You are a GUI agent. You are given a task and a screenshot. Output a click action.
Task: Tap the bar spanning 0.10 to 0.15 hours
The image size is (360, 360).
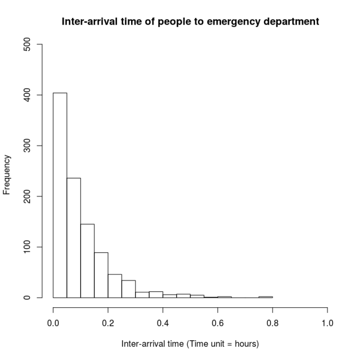[x=87, y=261]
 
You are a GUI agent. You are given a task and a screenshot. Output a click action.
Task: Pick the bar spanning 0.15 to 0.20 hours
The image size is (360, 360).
[x=101, y=275]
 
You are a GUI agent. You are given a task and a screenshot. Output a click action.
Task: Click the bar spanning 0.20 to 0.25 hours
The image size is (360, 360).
[x=115, y=286]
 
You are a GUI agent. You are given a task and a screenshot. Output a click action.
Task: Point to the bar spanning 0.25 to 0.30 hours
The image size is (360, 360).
[x=128, y=289]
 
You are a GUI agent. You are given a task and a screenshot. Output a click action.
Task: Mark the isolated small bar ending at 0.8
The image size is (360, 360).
[x=266, y=297]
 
